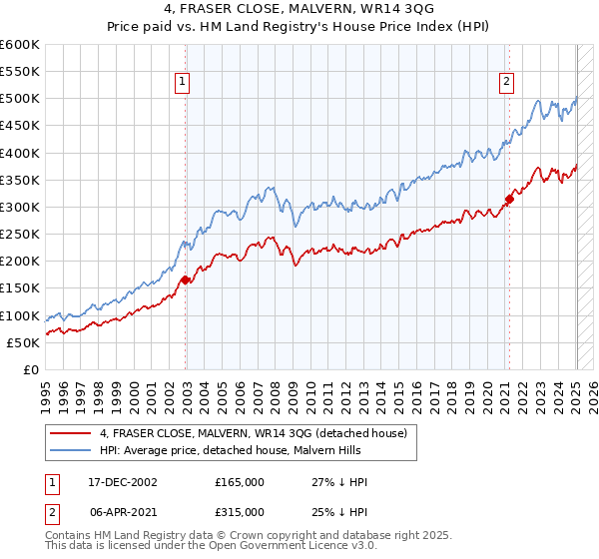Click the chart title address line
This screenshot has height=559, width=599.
click(x=299, y=11)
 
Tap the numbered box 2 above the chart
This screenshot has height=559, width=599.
click(x=507, y=83)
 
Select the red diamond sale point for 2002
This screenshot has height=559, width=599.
click(x=186, y=280)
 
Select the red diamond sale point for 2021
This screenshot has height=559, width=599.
click(x=509, y=199)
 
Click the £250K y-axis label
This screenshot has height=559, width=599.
click(x=20, y=235)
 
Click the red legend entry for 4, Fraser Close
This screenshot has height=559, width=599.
click(x=253, y=434)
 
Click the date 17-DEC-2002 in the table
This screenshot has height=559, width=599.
click(x=123, y=482)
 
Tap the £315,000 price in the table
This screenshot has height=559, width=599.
click(x=240, y=511)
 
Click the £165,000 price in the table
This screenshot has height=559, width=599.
click(x=240, y=482)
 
